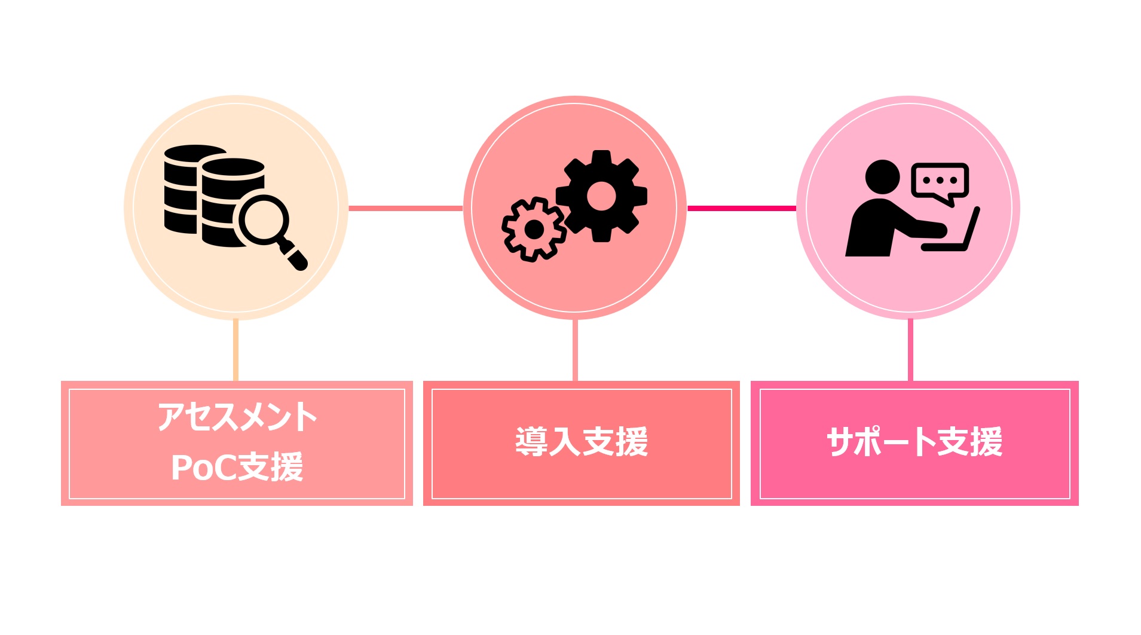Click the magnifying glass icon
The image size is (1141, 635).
(x=270, y=227)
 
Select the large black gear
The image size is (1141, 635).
(x=601, y=196)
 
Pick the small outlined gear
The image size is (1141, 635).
(x=533, y=229)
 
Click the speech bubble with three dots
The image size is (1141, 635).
(x=940, y=181)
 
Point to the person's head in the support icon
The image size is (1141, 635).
(x=882, y=177)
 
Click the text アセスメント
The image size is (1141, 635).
(x=237, y=417)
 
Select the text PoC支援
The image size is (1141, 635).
(x=237, y=467)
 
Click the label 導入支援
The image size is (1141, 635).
(x=582, y=442)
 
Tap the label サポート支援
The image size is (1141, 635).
(x=914, y=442)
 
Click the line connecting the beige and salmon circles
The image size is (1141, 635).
(x=405, y=208)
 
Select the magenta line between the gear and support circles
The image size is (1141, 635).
(x=741, y=208)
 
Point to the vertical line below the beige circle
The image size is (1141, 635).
(x=236, y=350)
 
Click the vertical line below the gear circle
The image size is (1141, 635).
(x=575, y=350)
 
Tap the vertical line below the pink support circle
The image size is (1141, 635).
(x=910, y=350)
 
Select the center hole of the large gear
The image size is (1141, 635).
(x=601, y=196)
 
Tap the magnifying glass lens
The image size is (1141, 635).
(x=264, y=219)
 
